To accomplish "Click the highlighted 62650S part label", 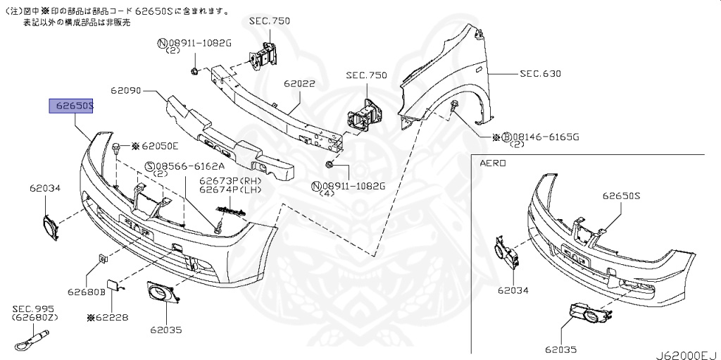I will tap(71, 106).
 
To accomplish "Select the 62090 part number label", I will tap(126, 91).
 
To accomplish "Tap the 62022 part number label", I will tap(299, 83).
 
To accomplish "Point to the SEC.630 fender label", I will tap(540, 73).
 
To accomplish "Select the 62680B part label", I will tap(86, 291).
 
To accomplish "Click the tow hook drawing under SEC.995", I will tap(32, 342).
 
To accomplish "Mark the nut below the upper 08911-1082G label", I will tap(194, 70).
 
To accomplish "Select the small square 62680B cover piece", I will tap(103, 260).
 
